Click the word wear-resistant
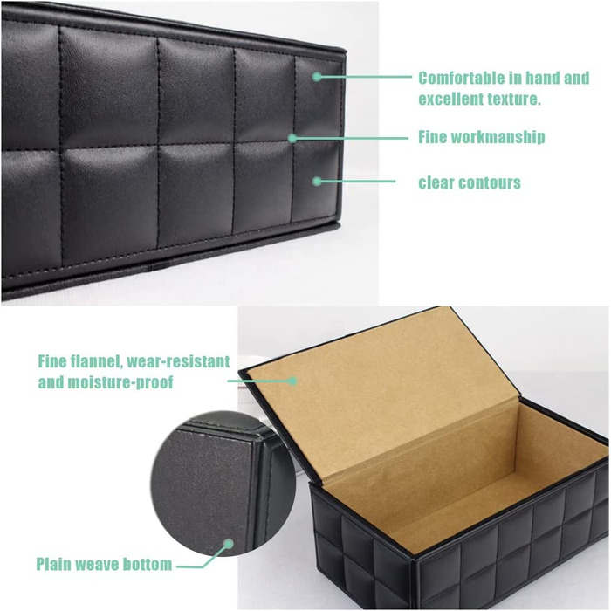click(x=178, y=361)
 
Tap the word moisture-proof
click(x=120, y=382)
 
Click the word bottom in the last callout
click(x=147, y=564)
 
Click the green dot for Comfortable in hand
click(x=317, y=77)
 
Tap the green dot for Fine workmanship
click(x=292, y=138)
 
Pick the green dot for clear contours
click(x=317, y=182)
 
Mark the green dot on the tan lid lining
click(x=292, y=381)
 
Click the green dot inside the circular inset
click(x=229, y=544)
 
